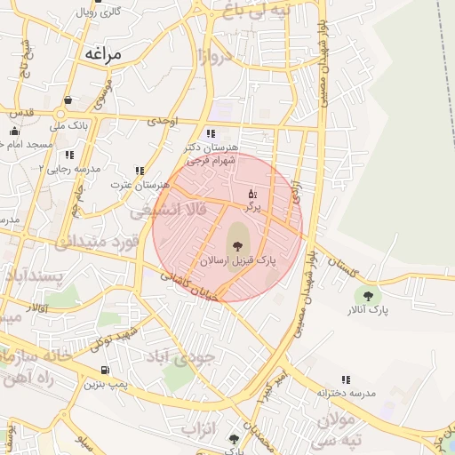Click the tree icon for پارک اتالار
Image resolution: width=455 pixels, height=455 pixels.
[368, 295]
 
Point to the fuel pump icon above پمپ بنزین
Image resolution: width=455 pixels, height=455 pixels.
[107, 370]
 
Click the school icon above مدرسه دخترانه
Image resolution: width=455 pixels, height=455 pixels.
[346, 379]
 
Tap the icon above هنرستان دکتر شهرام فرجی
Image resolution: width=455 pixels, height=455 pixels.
[211, 133]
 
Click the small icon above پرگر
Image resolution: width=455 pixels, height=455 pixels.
[251, 193]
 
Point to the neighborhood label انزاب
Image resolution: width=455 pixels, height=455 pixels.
[199, 427]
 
